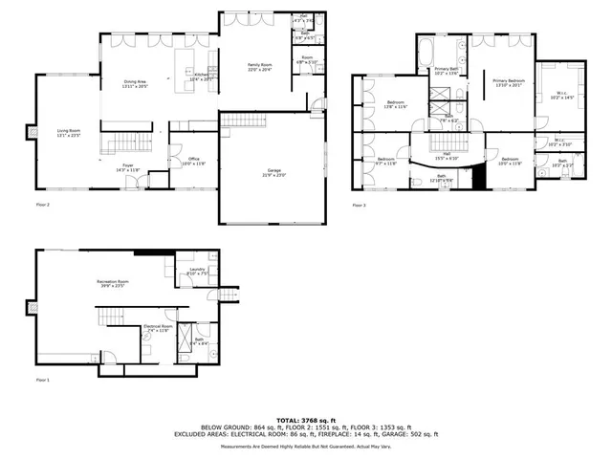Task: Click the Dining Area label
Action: [x=134, y=83]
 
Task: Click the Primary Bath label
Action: [x=446, y=70]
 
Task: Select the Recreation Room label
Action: [x=112, y=282]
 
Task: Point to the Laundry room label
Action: [x=198, y=271]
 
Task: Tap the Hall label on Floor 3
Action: [x=447, y=155]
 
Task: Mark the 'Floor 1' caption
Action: [x=42, y=380]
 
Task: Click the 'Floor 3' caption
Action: [x=359, y=205]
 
